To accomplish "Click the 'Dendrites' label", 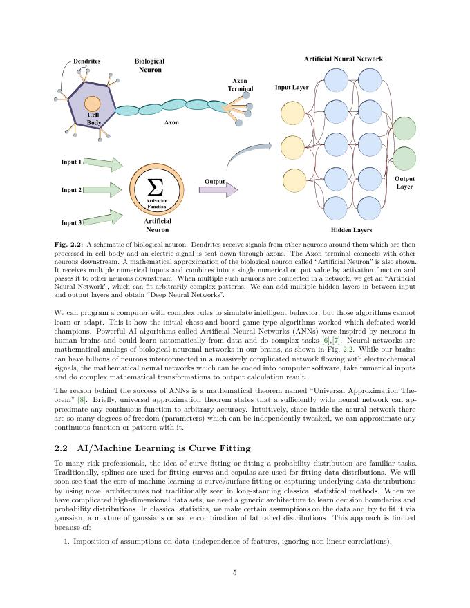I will point(87,61).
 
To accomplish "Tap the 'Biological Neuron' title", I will point(150,66).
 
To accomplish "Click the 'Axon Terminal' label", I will point(241,85).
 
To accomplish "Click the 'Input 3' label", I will point(71,222).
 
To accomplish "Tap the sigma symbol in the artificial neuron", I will point(156,187).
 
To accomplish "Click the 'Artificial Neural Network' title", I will point(343,59).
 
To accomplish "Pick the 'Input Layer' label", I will point(292,88).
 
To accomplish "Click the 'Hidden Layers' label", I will point(352,230).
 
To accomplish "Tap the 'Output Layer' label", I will point(404,182).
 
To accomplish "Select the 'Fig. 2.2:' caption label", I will point(68,245).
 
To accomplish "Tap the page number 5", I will point(235,572).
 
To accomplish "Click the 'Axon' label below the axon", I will point(171,122).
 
